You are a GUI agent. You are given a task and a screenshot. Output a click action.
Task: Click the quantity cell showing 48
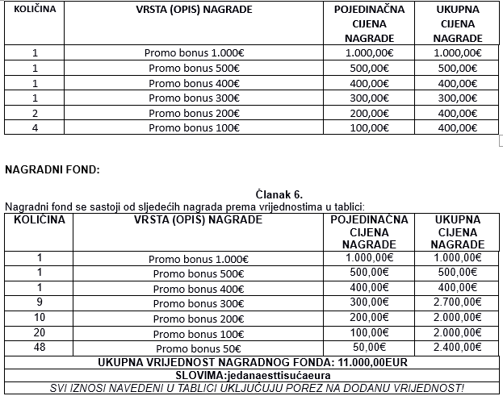(39, 348)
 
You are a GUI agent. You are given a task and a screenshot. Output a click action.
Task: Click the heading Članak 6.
(279, 194)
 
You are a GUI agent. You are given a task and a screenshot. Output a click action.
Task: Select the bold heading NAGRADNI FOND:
(52, 170)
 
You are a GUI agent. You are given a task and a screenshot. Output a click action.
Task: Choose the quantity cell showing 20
(39, 332)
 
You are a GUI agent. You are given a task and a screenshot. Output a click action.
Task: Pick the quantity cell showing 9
(39, 303)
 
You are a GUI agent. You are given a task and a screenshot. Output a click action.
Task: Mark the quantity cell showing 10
(39, 318)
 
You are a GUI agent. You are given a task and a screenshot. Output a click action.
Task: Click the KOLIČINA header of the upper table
(34, 10)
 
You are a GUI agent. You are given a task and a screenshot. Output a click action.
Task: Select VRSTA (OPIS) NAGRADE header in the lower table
(199, 219)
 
